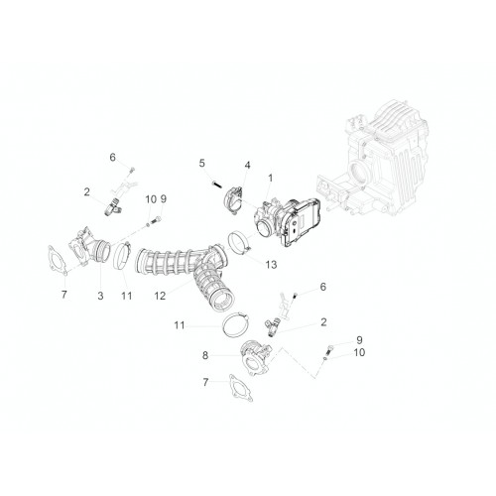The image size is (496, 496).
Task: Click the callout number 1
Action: (x=271, y=179)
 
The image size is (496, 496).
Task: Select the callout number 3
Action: (x=100, y=296)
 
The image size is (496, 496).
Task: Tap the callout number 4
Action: (x=247, y=165)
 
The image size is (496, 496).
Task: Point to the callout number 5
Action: (x=201, y=163)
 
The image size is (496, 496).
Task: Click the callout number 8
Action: (x=205, y=355)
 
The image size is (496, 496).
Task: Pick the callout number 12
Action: (x=160, y=296)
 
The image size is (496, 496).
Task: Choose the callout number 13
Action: (x=271, y=265)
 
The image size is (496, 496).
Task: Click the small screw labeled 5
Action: (x=215, y=183)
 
